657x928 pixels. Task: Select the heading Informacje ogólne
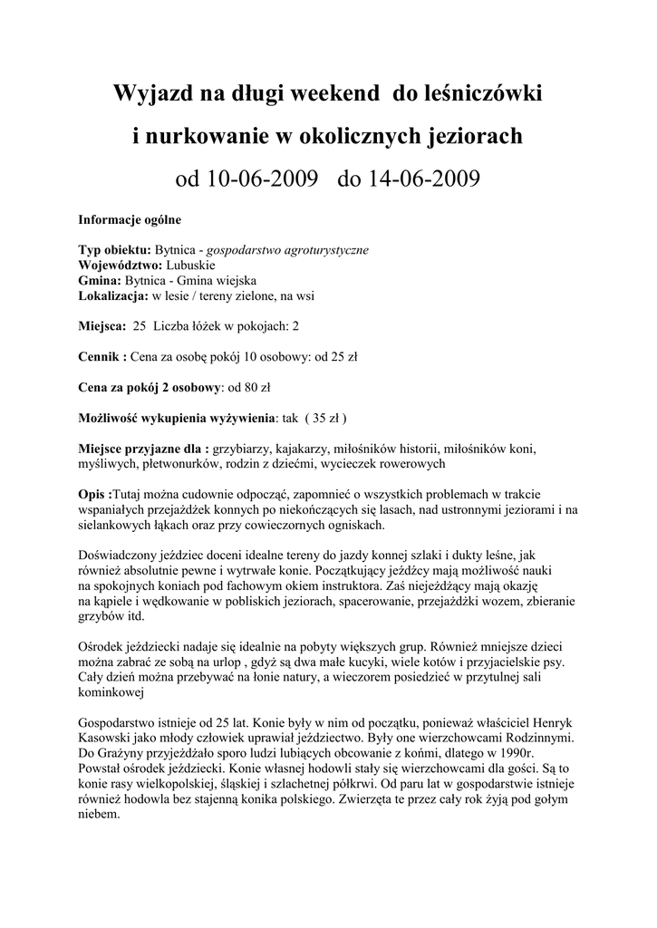click(130, 220)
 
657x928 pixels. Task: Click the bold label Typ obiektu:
click(115, 249)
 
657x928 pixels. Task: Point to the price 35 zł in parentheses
click(324, 419)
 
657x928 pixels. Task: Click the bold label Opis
click(93, 495)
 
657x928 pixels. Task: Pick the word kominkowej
click(111, 693)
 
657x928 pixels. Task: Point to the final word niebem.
click(99, 815)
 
